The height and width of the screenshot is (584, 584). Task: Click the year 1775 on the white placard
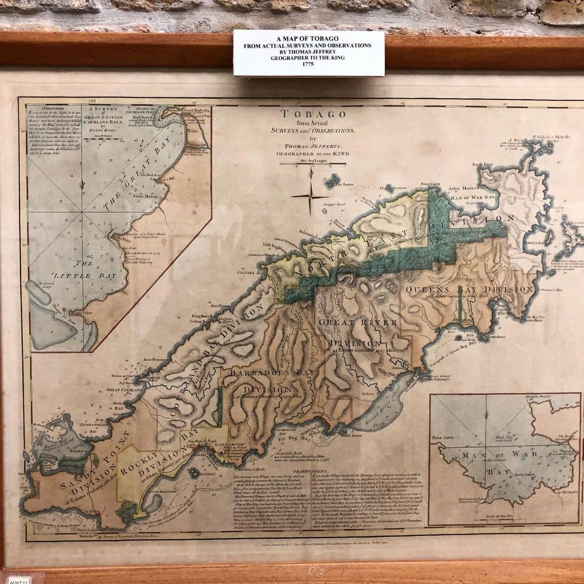[x=308, y=63]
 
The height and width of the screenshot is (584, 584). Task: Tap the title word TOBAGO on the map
[x=313, y=114]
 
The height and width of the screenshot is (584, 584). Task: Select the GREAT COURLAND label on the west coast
[x=125, y=388]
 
